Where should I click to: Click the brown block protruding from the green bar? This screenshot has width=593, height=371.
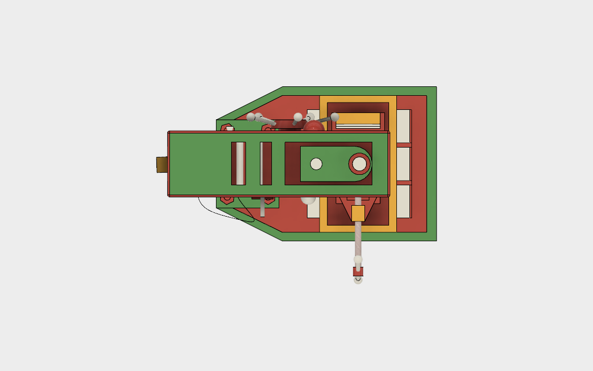[162, 164]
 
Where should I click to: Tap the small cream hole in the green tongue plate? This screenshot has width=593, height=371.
[316, 164]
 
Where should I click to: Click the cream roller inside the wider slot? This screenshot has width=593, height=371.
[240, 163]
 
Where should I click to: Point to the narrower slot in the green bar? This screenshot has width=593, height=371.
[266, 163]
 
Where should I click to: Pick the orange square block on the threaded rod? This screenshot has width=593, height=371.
[358, 213]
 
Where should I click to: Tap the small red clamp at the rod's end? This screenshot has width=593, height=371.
[358, 272]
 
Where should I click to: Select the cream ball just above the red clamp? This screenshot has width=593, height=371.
[358, 260]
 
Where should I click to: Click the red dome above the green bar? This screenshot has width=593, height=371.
[313, 126]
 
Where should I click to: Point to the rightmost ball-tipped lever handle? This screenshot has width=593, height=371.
[334, 117]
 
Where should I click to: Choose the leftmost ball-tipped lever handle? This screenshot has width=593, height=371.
[251, 117]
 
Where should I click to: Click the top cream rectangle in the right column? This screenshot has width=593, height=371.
[403, 126]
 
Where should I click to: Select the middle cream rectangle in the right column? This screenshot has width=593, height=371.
[403, 164]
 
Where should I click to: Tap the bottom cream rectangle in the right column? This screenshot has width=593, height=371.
[403, 201]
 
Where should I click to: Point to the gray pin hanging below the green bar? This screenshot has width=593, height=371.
[263, 208]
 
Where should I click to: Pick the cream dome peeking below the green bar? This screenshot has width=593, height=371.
[308, 199]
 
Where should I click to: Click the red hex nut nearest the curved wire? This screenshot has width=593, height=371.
[226, 199]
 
